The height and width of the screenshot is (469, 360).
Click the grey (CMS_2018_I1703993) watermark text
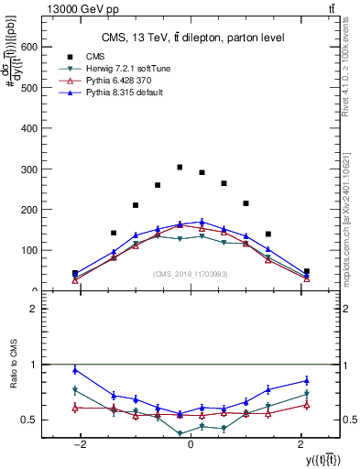click(x=191, y=273)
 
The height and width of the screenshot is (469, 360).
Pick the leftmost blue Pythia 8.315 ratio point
click(x=75, y=370)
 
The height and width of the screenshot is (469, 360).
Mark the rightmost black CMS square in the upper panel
click(x=306, y=271)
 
